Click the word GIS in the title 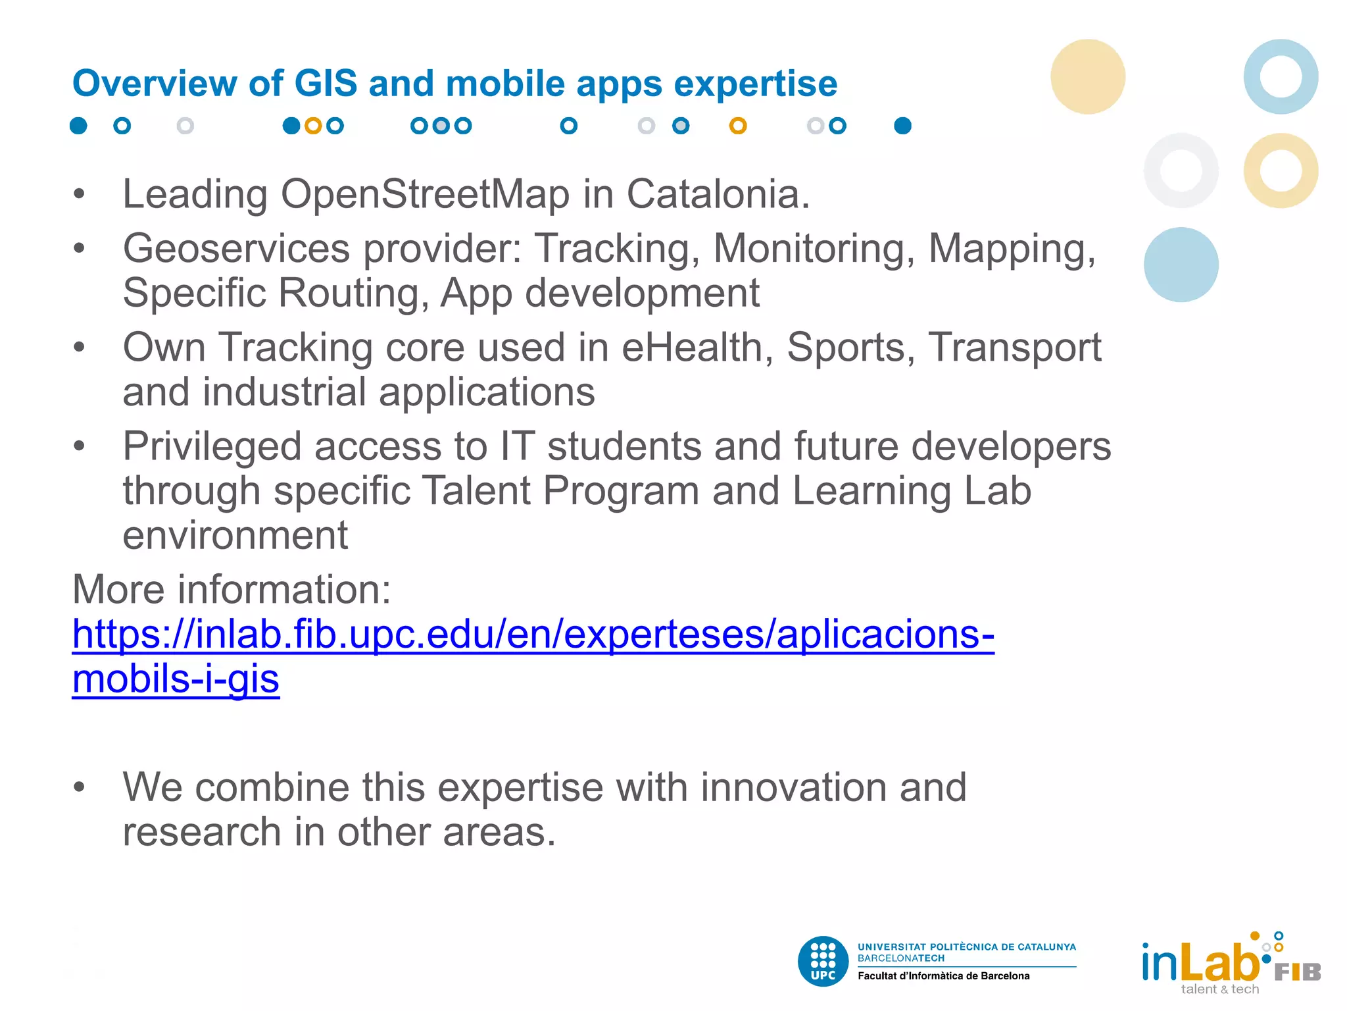[325, 84]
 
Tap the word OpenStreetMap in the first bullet [425, 195]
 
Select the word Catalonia [717, 195]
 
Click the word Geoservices [236, 249]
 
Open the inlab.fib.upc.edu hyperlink [533, 635]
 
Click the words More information [232, 589]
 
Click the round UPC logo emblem [823, 961]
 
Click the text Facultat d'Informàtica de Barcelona [943, 976]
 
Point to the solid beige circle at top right [1088, 76]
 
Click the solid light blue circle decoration [1181, 265]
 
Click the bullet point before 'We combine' [80, 787]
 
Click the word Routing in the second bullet [353, 293]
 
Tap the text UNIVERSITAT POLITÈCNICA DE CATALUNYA [966, 947]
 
